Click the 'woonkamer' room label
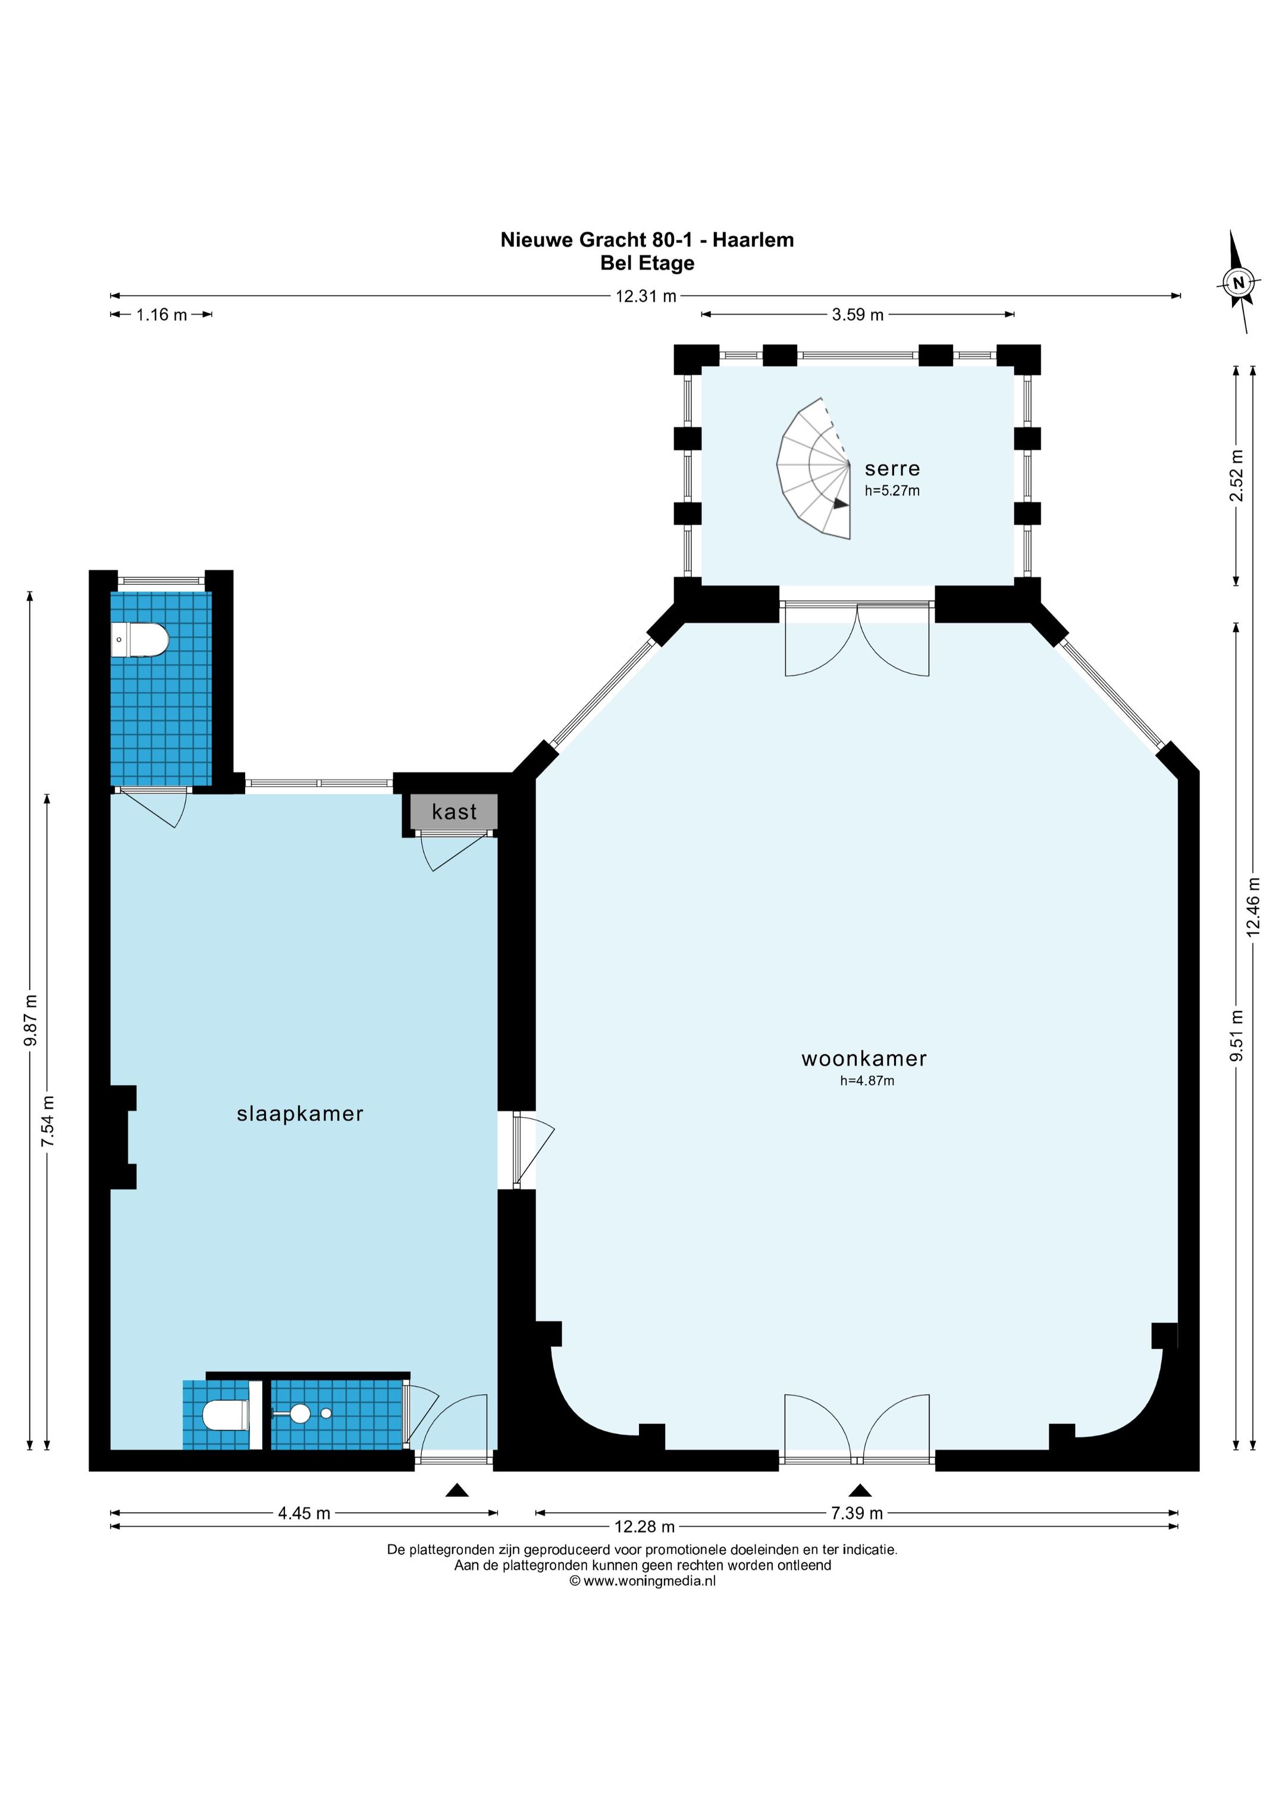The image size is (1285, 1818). point(864,1058)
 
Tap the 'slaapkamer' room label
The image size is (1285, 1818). point(300,1114)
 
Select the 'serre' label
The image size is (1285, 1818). point(892,469)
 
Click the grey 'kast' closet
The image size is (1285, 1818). point(454,812)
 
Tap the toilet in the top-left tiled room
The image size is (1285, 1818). point(140,640)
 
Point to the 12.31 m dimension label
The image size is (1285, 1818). point(646,296)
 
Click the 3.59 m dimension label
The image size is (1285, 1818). point(857,314)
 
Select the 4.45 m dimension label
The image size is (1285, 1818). point(304,1513)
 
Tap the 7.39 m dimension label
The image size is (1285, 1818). point(857,1513)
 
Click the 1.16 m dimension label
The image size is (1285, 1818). point(161,314)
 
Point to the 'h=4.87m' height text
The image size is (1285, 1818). point(867,1081)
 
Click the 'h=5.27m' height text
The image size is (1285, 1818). point(892,490)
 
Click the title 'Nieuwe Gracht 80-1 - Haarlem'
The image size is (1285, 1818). point(647,240)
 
